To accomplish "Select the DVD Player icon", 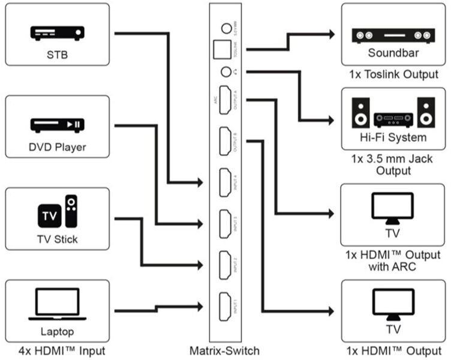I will pyautogui.click(x=57, y=125).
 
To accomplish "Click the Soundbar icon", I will pyautogui.click(x=392, y=35).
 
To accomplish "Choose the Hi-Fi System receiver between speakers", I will pyautogui.click(x=393, y=120).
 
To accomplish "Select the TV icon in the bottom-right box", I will pyautogui.click(x=393, y=304).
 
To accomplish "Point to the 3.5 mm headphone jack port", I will pyautogui.click(x=225, y=72).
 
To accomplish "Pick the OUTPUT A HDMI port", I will pyautogui.click(x=226, y=100).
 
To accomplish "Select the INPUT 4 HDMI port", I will pyautogui.click(x=226, y=182).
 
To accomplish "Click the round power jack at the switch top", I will pyautogui.click(x=226, y=28).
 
